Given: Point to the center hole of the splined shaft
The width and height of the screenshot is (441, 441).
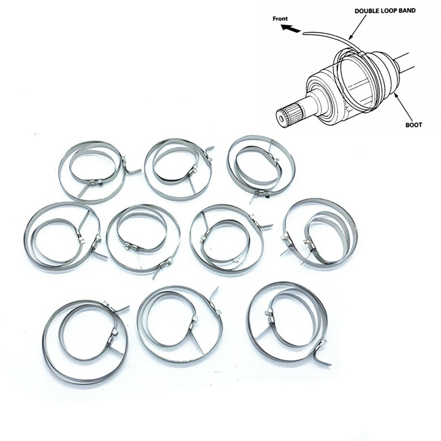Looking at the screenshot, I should [281, 118].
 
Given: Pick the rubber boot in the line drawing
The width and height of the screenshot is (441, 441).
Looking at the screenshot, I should [384, 75].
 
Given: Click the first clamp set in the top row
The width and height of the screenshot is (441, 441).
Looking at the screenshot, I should [93, 169].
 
